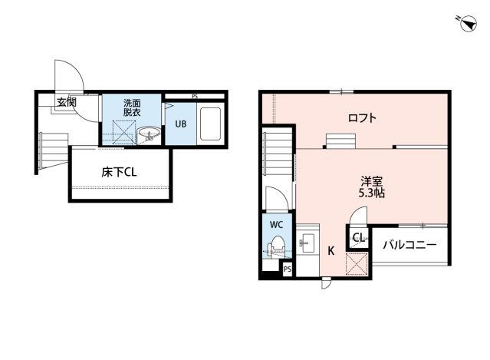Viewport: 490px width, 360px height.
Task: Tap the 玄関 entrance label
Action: point(66,101)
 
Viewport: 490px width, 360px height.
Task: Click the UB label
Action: point(180,124)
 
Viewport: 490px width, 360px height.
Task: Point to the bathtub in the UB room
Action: point(211,124)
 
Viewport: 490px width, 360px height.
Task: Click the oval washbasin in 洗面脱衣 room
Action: point(150,136)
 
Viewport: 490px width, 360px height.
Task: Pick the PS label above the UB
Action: point(195,96)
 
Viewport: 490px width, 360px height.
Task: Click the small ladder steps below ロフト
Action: point(340,140)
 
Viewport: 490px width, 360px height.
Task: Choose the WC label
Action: point(275,225)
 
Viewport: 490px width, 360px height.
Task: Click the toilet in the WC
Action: point(275,248)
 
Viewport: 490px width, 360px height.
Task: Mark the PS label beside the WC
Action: point(287,269)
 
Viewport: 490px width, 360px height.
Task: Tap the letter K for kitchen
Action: point(331,250)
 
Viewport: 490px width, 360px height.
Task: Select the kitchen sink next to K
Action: point(307,245)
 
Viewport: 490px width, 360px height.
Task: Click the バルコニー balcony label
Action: point(409,245)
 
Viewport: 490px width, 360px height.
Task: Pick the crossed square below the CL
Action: point(357,263)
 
